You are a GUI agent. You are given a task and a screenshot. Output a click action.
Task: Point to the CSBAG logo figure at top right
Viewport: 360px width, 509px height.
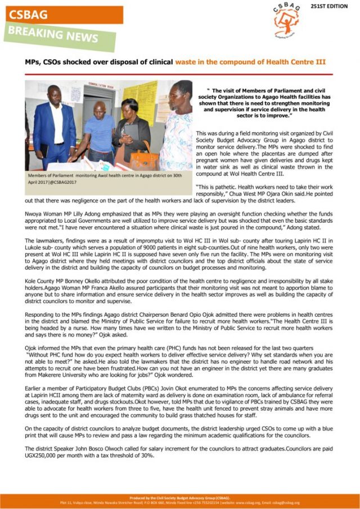point(286,21)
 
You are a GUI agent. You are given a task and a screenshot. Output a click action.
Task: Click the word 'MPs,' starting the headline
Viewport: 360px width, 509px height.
point(33,61)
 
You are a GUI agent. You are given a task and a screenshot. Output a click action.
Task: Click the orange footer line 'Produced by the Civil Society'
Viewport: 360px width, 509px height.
point(179,498)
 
